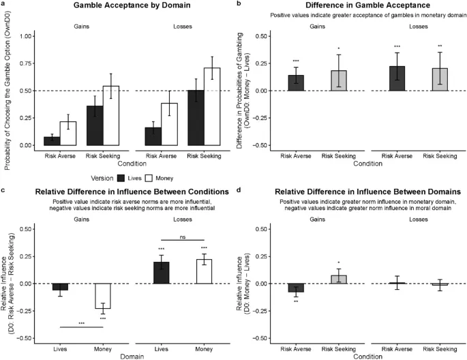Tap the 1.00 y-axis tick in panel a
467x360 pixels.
pos(25,35)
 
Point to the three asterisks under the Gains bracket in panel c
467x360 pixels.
pos(81,323)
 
